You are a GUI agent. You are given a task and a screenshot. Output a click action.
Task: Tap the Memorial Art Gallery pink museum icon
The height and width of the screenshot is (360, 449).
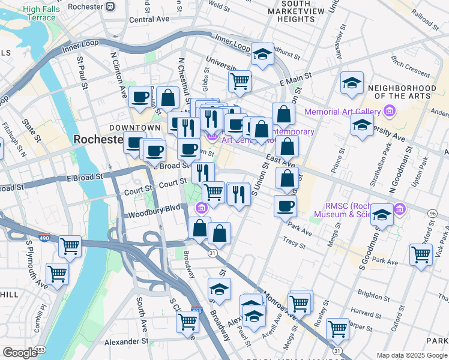point(390,112)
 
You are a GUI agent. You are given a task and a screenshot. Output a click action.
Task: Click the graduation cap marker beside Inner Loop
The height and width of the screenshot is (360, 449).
point(262,55)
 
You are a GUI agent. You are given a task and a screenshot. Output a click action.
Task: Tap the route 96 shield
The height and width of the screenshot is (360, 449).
point(432,214)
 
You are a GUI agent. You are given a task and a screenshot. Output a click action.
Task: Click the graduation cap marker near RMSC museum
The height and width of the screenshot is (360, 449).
point(382,214)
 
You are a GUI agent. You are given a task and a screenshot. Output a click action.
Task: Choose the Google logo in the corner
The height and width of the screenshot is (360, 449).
point(20,353)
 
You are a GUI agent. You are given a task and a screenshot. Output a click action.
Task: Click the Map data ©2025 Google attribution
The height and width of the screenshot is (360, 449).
point(412,355)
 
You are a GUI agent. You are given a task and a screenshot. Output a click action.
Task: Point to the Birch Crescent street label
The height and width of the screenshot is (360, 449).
point(410,66)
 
